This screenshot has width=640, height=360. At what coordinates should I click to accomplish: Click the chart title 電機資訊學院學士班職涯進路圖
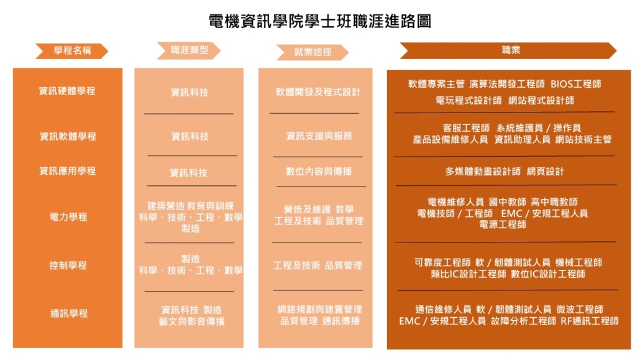tap(320, 21)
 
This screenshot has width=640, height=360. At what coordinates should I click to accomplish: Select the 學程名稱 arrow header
tap(72, 50)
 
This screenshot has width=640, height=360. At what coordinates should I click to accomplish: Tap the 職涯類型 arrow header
tap(189, 50)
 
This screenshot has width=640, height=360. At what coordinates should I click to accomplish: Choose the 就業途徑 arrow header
tap(313, 52)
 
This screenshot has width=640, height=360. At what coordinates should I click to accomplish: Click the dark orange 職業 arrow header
tap(508, 50)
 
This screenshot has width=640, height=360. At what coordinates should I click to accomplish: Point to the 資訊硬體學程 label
tap(67, 91)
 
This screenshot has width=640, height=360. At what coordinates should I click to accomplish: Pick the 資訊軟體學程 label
tap(68, 137)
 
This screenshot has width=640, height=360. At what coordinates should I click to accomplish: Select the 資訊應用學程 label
tap(67, 171)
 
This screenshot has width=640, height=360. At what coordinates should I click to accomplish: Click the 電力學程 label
tap(68, 217)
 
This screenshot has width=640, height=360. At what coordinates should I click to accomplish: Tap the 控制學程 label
tap(68, 265)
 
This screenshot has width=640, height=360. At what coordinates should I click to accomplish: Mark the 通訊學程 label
tap(69, 313)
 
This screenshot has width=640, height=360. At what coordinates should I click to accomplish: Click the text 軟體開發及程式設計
tap(318, 93)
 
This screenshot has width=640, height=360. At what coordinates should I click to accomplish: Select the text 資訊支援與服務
tap(319, 136)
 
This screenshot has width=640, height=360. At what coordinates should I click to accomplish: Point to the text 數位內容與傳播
tap(319, 171)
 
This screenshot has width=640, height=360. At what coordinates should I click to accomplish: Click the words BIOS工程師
tap(576, 84)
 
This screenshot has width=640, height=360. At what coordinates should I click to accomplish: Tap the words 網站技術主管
tap(583, 139)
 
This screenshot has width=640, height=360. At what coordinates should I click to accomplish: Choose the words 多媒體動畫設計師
tap(483, 172)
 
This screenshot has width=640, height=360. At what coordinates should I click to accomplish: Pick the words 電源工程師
tap(503, 224)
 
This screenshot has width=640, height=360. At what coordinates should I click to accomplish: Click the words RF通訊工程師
tap(590, 321)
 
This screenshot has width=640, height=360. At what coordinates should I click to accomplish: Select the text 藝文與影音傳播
tap(192, 321)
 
